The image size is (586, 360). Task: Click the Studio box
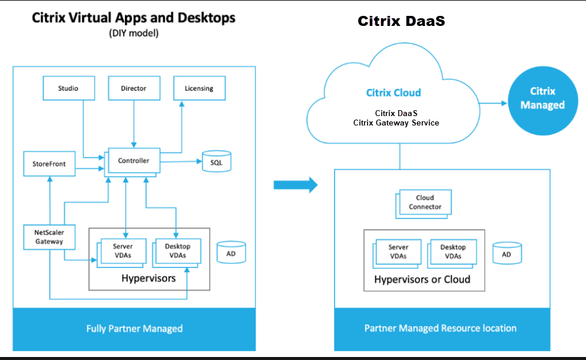(x=68, y=88)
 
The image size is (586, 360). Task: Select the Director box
(x=134, y=88)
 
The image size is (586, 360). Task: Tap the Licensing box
(x=199, y=88)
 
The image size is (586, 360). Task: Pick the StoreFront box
(x=49, y=164)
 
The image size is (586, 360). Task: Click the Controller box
(x=134, y=160)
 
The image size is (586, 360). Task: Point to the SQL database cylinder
(x=217, y=161)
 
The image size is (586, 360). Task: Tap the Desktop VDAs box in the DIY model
(x=178, y=250)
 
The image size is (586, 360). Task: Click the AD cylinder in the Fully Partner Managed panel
(x=231, y=252)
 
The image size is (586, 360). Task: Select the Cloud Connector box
(x=425, y=202)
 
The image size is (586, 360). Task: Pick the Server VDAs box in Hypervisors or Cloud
(x=399, y=252)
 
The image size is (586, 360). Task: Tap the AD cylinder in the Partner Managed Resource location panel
(x=506, y=253)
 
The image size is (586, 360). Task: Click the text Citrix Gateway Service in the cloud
(x=396, y=123)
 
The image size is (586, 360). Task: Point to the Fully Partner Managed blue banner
(x=134, y=328)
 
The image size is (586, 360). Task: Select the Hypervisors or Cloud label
(x=422, y=279)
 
